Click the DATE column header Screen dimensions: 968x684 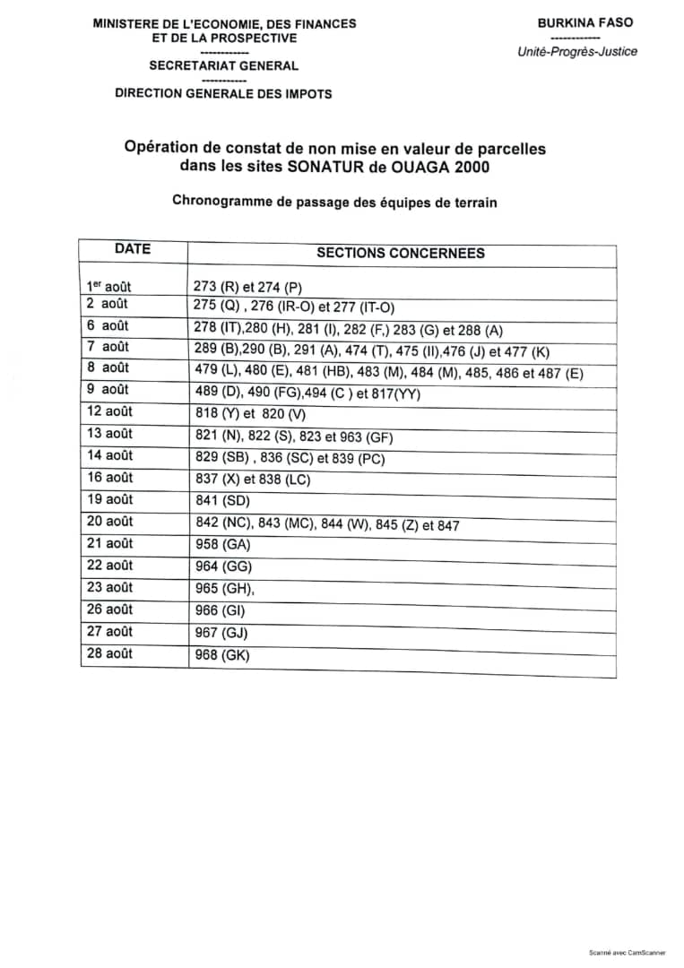(x=133, y=249)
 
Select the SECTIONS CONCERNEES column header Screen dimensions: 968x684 (x=401, y=254)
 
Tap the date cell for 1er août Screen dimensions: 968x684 (x=108, y=287)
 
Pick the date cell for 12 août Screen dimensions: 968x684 (x=109, y=412)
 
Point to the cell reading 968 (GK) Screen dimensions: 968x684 (x=221, y=656)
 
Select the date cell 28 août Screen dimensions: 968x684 (x=109, y=653)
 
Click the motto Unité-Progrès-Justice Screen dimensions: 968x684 (x=577, y=51)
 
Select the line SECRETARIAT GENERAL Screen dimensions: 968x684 (x=224, y=65)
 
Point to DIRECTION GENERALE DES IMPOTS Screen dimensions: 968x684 (x=223, y=93)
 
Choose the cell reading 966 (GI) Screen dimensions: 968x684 (x=221, y=612)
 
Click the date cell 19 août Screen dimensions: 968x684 (x=109, y=499)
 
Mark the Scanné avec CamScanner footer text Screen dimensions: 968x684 (x=627, y=952)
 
